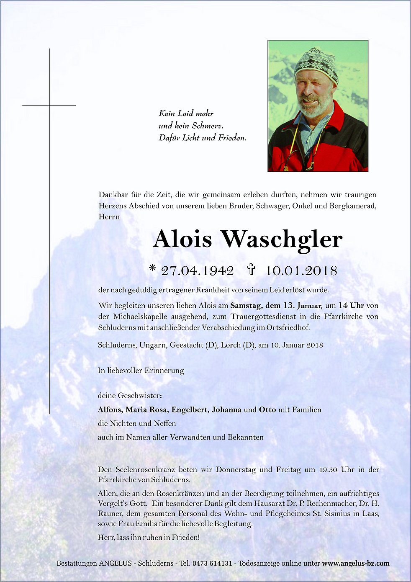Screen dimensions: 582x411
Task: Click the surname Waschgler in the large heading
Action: point(282,240)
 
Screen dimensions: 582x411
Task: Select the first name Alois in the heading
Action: point(182,239)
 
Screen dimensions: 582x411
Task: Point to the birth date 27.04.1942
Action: point(197,270)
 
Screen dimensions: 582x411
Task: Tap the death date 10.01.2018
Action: point(301,270)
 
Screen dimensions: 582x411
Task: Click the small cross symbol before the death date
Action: point(251,269)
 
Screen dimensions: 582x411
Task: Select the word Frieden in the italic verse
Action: point(231,138)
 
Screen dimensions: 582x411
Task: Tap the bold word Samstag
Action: point(246,306)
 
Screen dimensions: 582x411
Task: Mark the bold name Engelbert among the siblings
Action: point(190,409)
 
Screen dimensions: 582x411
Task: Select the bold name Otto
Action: point(267,409)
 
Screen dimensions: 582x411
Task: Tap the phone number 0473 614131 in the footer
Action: point(212,563)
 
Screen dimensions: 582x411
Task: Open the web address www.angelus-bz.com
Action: point(356,563)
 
